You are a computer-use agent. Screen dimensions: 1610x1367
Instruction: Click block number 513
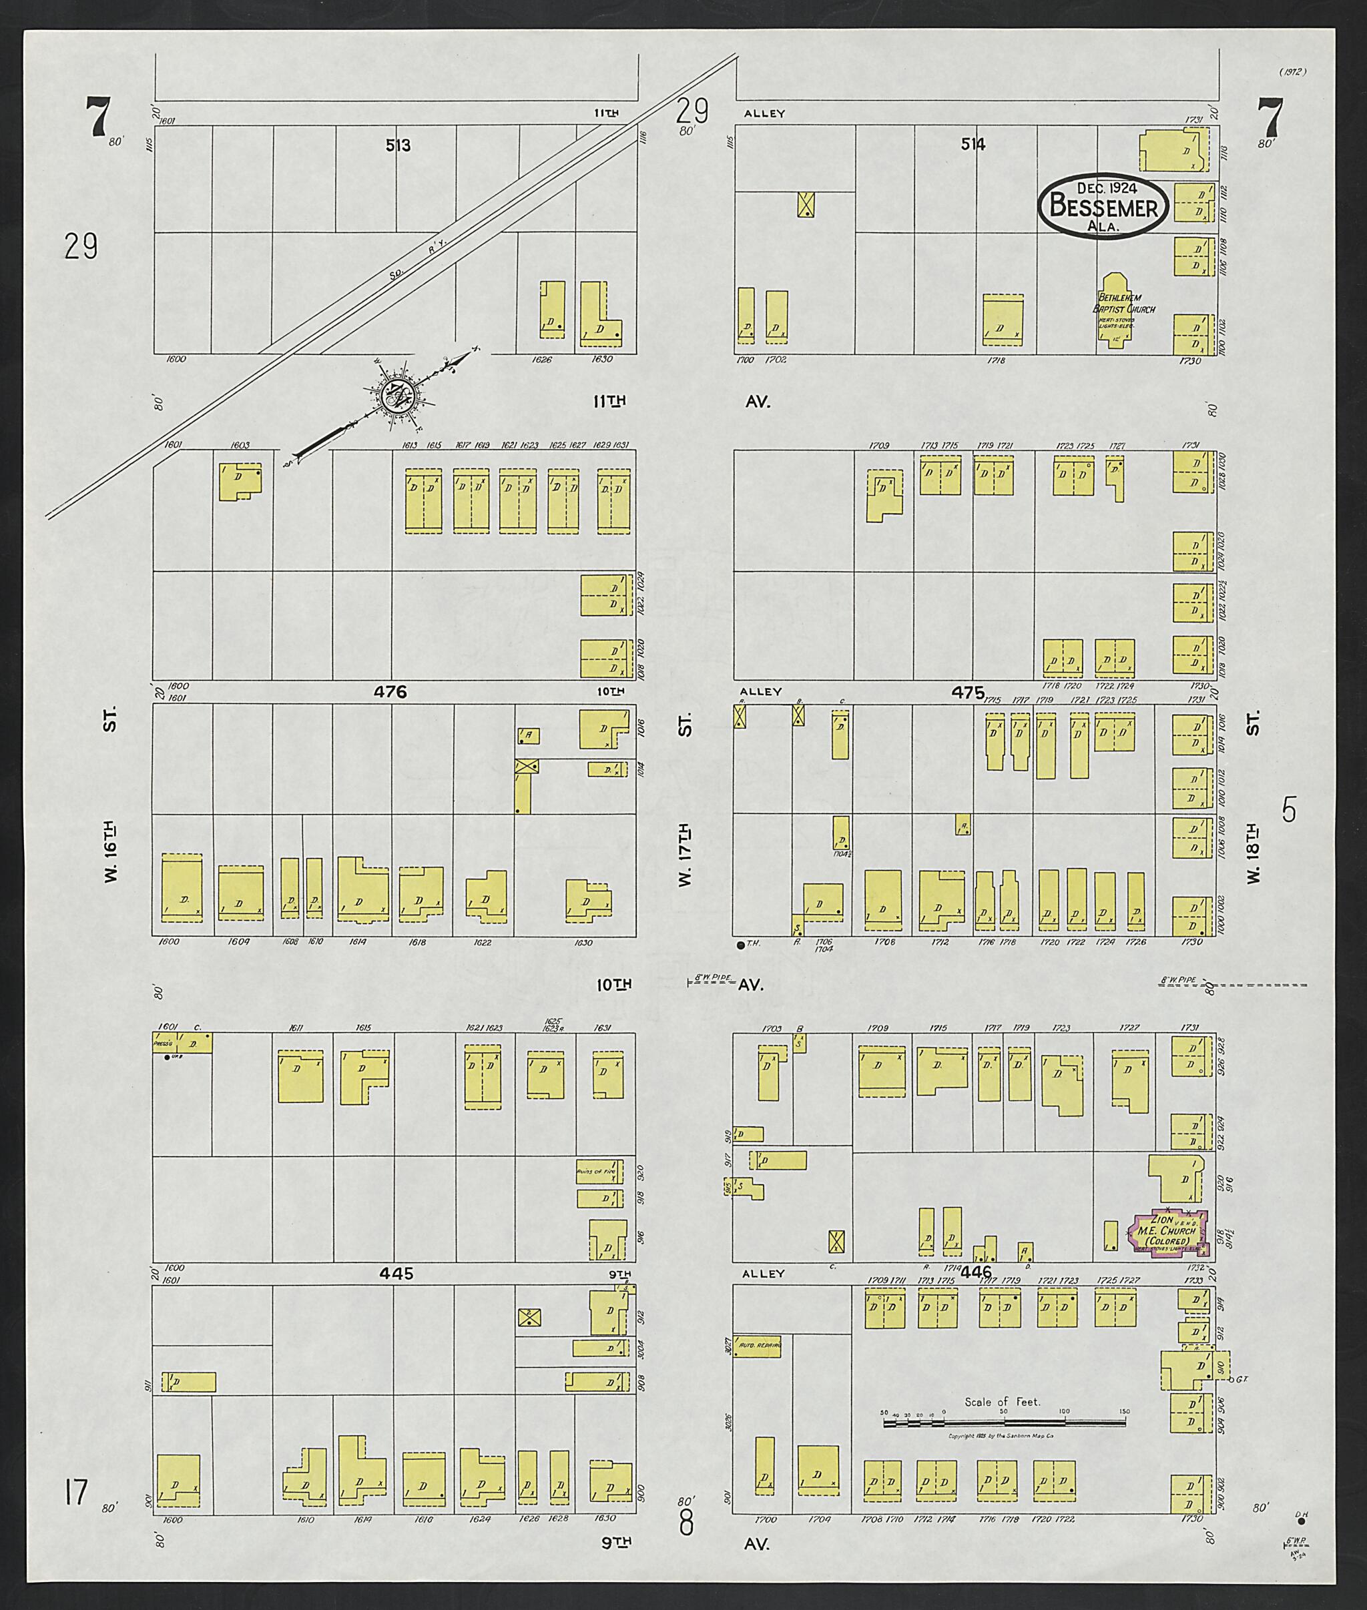click(x=398, y=145)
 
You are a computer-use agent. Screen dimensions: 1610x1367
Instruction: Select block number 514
click(x=973, y=144)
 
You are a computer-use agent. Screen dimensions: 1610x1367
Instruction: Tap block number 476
click(x=390, y=693)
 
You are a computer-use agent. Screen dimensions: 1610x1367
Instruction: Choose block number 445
click(x=396, y=1273)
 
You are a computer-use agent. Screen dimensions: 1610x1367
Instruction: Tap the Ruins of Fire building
click(x=599, y=1172)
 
